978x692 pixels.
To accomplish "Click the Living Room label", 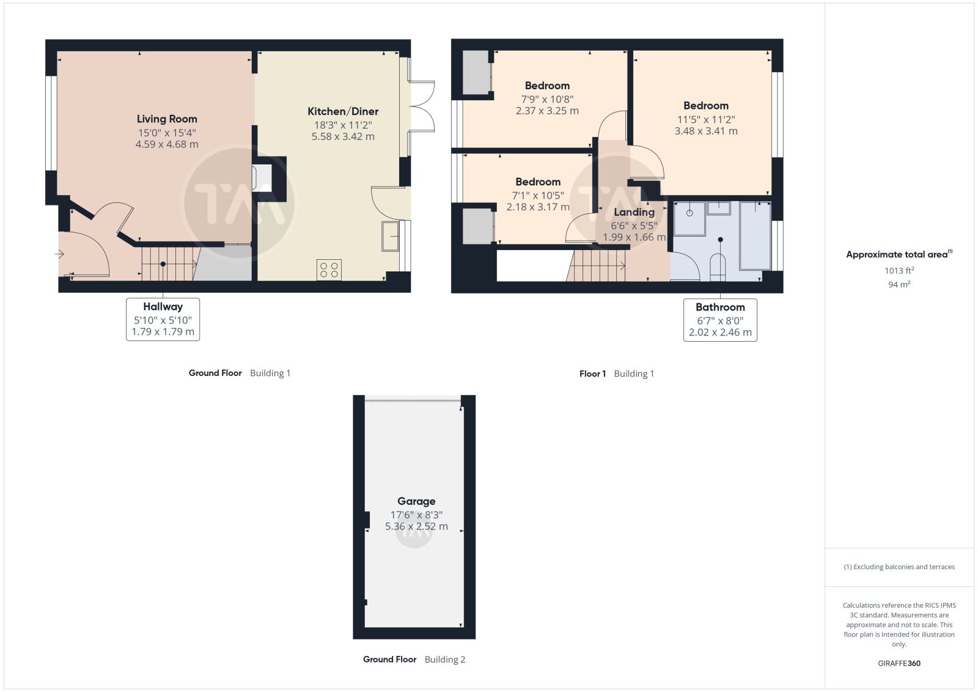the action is [x=167, y=119].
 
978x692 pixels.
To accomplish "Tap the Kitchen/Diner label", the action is [x=343, y=111].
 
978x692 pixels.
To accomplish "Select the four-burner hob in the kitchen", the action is [x=329, y=270].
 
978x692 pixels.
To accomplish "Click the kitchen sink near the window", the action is [x=390, y=236].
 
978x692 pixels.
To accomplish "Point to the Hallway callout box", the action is [x=163, y=319].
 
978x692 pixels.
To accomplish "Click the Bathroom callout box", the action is [x=720, y=320].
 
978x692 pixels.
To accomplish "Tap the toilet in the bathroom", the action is [x=718, y=267].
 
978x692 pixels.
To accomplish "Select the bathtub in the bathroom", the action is [x=755, y=235].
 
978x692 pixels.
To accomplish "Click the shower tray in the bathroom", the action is [x=689, y=218].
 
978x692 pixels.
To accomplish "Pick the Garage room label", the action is [x=416, y=501].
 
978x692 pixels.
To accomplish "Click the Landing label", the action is [x=634, y=212].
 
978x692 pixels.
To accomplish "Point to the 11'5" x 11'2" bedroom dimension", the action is [x=706, y=119].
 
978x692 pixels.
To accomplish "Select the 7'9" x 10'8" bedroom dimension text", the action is [x=547, y=99].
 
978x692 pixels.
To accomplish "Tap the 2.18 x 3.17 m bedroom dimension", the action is [x=538, y=207].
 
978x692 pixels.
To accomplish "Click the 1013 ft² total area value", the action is [x=899, y=270].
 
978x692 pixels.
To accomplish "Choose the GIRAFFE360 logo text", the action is [x=899, y=663].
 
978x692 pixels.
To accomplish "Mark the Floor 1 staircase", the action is [x=595, y=265].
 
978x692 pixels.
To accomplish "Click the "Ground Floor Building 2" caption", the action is [x=414, y=659].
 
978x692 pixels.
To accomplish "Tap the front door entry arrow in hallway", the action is [x=59, y=254].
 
